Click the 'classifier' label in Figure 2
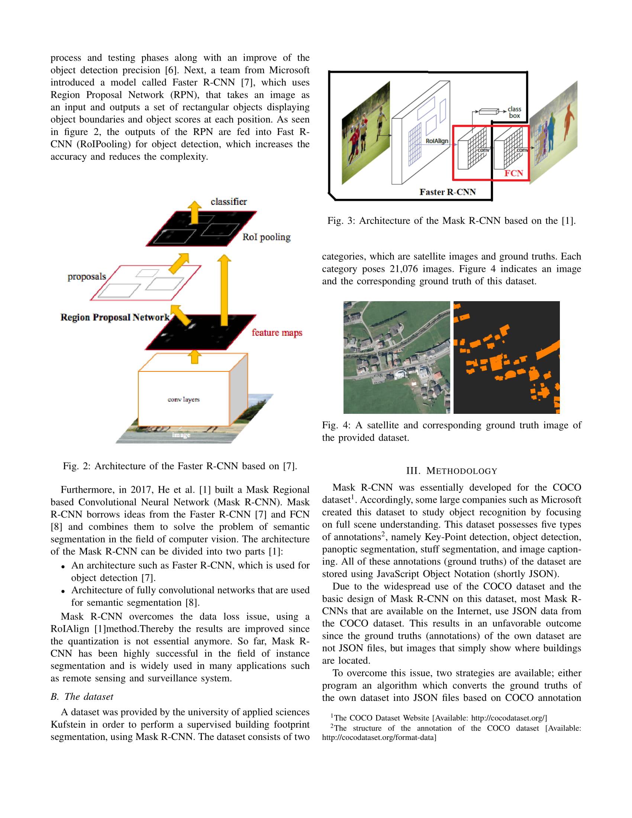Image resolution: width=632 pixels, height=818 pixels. pos(228,202)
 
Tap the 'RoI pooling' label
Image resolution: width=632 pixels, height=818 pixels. pos(266,237)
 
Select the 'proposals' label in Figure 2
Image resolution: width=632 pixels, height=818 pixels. pos(87,277)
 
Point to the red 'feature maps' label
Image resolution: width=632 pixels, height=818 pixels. pos(277,333)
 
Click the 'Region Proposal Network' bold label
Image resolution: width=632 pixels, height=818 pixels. pos(115,317)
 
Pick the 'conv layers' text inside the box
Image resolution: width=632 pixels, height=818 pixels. pos(183,400)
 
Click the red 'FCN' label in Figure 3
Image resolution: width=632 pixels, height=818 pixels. pos(513,173)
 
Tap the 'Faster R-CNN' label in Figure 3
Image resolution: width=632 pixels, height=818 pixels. pos(447,192)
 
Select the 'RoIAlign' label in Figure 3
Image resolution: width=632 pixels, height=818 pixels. pos(436,141)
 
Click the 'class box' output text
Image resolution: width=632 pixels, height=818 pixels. pos(515,112)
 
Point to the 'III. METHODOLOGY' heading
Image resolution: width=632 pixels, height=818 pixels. pos(452,471)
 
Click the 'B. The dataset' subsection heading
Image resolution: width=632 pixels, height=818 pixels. pos(82,697)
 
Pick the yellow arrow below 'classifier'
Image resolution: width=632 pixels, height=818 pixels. pos(194,212)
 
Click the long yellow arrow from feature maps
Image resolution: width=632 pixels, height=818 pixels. pos(224,290)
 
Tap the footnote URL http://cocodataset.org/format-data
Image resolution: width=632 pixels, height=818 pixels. pos(379,737)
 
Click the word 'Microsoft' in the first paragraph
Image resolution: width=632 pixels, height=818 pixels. pos(289,70)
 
